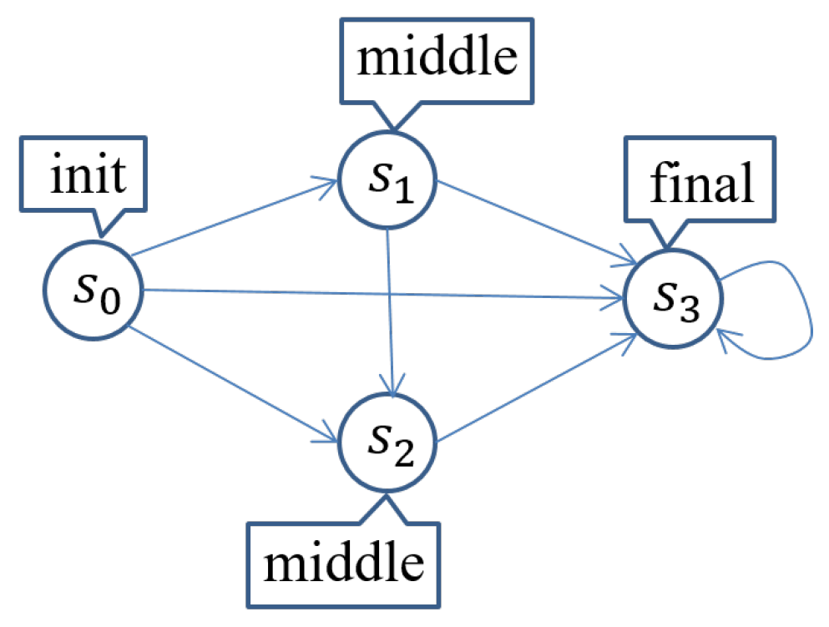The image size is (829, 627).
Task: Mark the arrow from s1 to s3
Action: pyautogui.click(x=534, y=220)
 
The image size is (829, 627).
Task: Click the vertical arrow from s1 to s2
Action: pyautogui.click(x=388, y=309)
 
